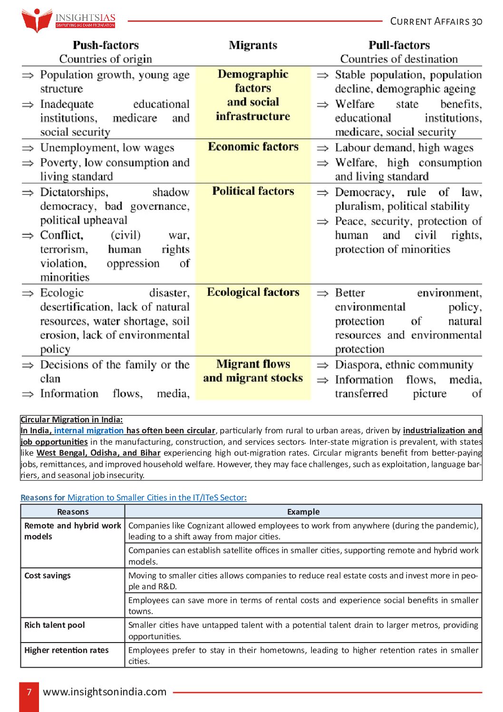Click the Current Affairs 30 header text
point(436,21)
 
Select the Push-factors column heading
point(106,45)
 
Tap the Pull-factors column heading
point(399,45)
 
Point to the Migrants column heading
point(253,45)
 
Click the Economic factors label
point(253,146)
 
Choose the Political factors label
point(253,191)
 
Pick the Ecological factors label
point(253,292)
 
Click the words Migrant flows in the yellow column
point(253,364)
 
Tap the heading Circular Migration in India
point(71,419)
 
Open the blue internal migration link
point(89,430)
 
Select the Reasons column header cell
point(73,512)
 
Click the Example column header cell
point(303,512)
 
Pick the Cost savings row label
point(48,575)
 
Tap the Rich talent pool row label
point(55,625)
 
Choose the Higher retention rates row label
point(67,650)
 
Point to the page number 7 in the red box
point(29,692)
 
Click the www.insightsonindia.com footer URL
point(105,692)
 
